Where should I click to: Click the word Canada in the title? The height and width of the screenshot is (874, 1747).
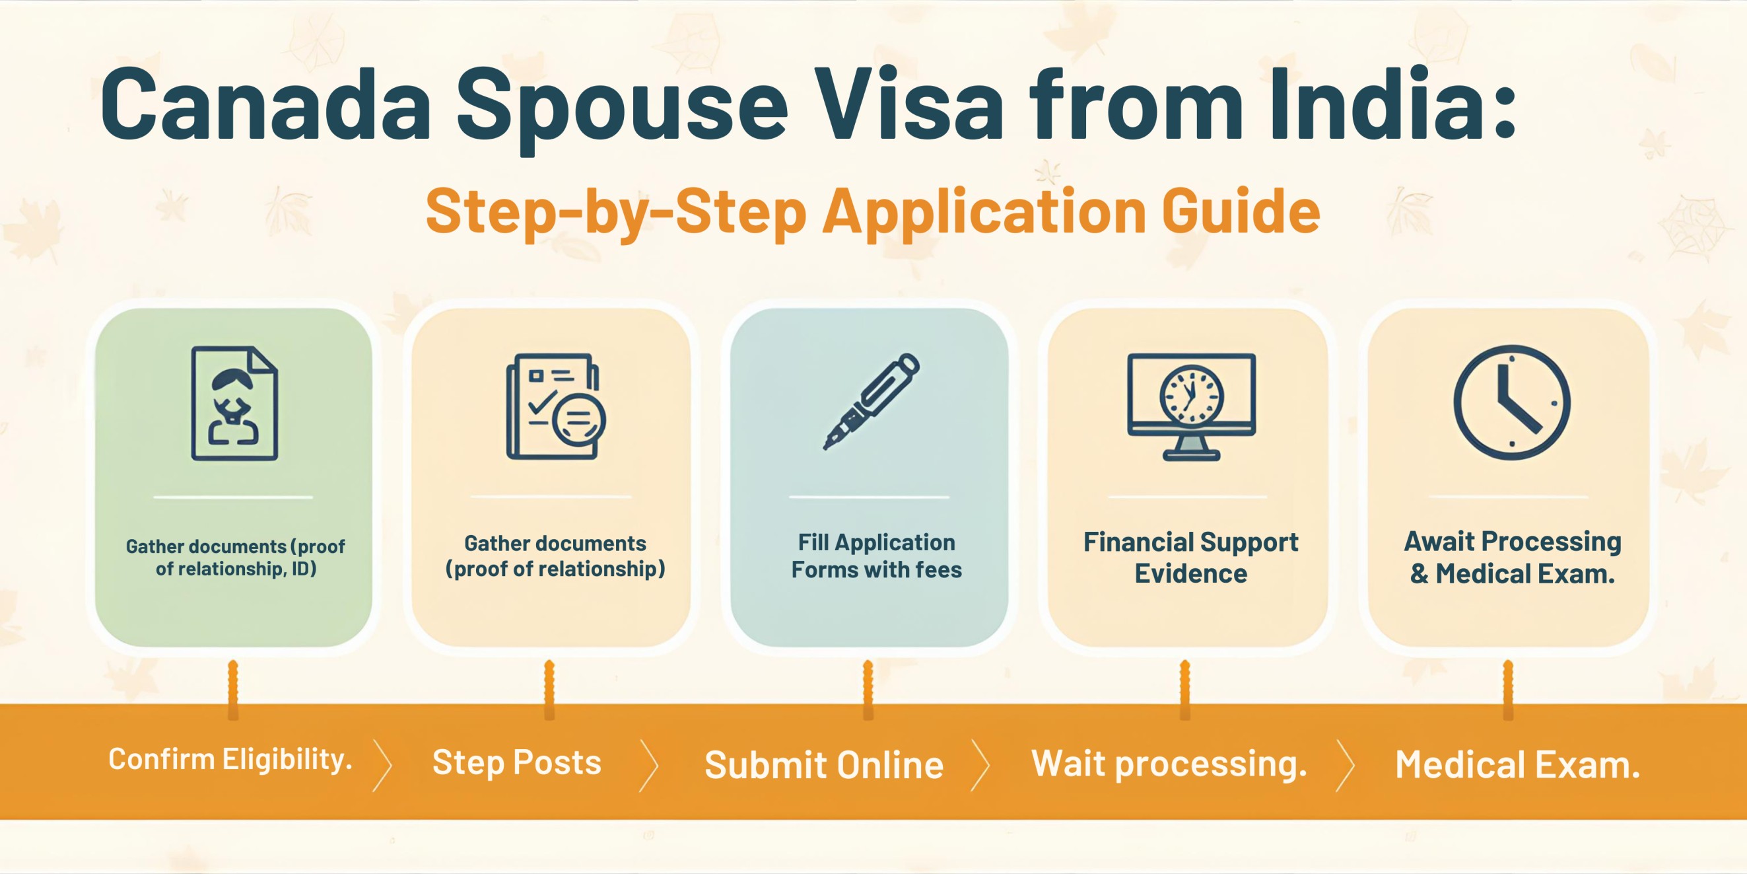[x=266, y=106]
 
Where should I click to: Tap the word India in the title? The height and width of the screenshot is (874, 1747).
[x=1383, y=106]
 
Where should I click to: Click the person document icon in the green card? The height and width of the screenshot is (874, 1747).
[x=234, y=403]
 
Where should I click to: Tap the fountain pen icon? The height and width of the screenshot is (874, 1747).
[x=871, y=401]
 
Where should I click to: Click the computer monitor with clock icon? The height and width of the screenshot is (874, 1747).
[x=1191, y=406]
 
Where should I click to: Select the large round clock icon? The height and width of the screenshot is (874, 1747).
[x=1512, y=402]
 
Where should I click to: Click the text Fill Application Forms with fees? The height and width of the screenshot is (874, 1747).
[x=876, y=556]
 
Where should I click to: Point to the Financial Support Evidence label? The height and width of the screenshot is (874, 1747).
[x=1190, y=557]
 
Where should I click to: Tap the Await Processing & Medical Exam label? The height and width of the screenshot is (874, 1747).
[x=1512, y=557]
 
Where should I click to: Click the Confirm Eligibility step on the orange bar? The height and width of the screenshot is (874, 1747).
[x=230, y=759]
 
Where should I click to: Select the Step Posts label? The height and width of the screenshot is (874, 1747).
[x=517, y=762]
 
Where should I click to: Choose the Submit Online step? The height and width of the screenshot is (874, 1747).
[x=824, y=765]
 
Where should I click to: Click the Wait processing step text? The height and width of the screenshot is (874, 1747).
[x=1169, y=764]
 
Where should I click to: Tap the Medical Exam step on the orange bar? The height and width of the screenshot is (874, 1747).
[x=1517, y=765]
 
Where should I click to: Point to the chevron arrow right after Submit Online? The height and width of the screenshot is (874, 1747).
[x=980, y=766]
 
